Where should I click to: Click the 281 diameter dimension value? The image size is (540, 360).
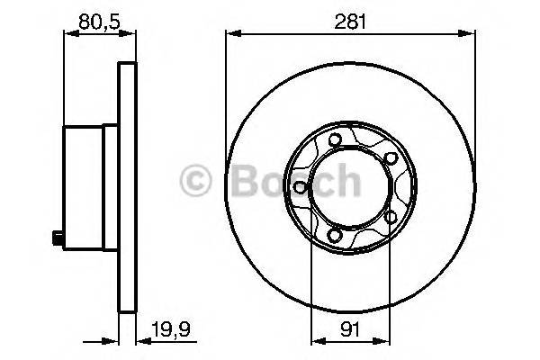point(350,19)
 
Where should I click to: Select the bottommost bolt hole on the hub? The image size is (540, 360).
point(336,237)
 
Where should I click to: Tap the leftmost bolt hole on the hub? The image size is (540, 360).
point(298,187)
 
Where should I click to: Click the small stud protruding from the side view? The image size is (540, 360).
point(57,238)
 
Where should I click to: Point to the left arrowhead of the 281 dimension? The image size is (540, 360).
point(230,34)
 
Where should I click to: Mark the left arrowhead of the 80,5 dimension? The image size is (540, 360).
point(67,34)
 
